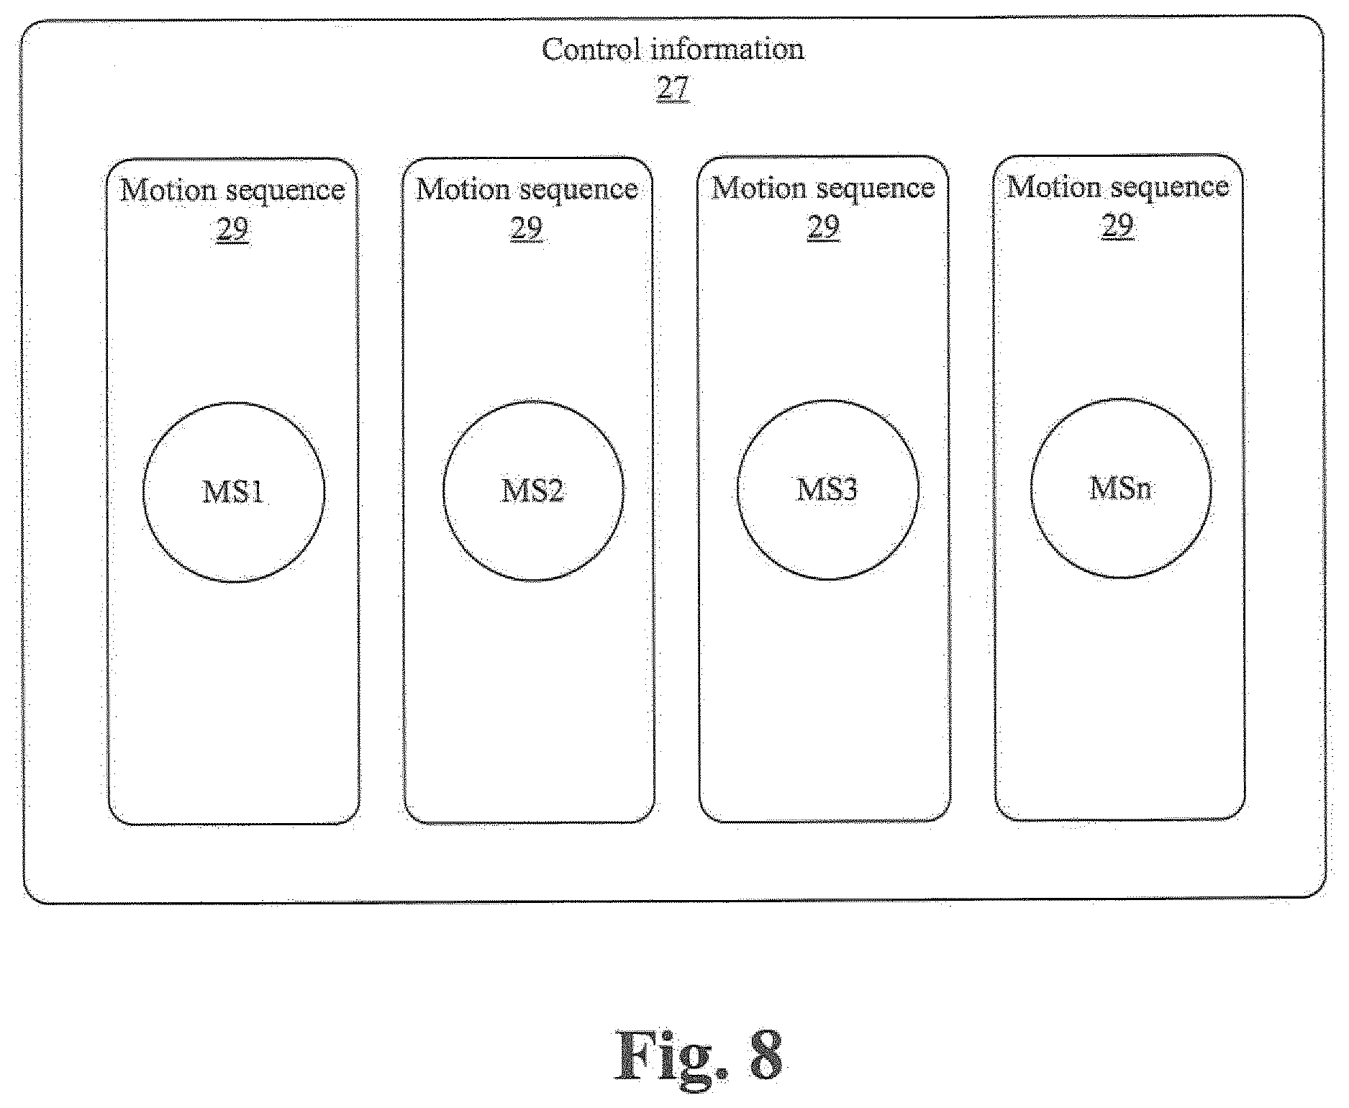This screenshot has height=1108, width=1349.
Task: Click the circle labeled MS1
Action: pos(144,492)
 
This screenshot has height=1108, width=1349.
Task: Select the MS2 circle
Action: pos(443,491)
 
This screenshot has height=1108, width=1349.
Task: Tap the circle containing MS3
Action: pos(737,489)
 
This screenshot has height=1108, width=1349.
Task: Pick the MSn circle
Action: pos(1031,488)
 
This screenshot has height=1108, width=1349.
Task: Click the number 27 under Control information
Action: pos(673,88)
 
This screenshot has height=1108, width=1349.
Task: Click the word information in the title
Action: pos(727,50)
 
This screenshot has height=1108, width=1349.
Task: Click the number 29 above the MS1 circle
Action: pos(232,230)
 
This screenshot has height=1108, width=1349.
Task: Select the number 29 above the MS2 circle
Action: pos(527,228)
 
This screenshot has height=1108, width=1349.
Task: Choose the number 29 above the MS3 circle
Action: pos(823,227)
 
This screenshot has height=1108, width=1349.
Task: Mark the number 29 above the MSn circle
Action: pos(1117,225)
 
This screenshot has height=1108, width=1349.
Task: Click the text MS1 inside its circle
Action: pos(233,492)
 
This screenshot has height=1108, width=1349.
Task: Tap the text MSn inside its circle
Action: pos(1121,489)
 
